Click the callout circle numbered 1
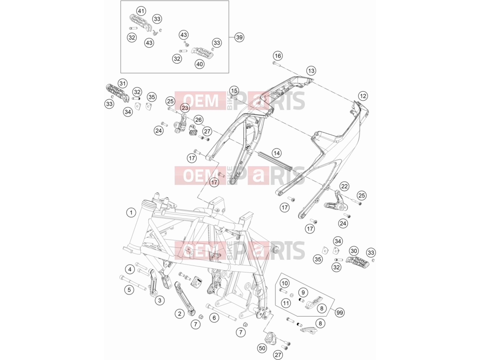tap(131, 213)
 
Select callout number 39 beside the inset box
tap(239, 37)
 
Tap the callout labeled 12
tap(363, 96)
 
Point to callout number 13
tap(311, 71)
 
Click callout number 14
tap(276, 153)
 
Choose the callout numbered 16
tap(278, 56)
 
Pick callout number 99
tap(340, 313)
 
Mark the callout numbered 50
tap(262, 348)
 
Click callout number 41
tap(141, 12)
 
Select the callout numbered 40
tap(199, 64)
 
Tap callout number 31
tap(122, 83)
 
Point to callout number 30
tap(354, 251)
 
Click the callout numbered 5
tap(129, 289)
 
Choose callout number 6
tap(214, 318)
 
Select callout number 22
tap(344, 186)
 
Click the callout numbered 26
tap(199, 120)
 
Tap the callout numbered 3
tap(160, 300)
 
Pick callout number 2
tap(179, 313)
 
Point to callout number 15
tap(234, 91)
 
